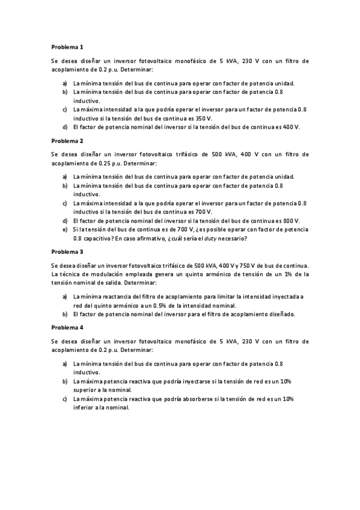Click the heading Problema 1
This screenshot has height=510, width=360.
pos(67,46)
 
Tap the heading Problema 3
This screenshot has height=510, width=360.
pos(67,251)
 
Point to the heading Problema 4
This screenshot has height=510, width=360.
pos(67,328)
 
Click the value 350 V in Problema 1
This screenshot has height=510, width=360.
pos(204,118)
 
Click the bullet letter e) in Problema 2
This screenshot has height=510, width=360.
pos(65,229)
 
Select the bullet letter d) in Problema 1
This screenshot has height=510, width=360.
pos(64,127)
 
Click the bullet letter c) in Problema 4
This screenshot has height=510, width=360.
pos(64,399)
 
